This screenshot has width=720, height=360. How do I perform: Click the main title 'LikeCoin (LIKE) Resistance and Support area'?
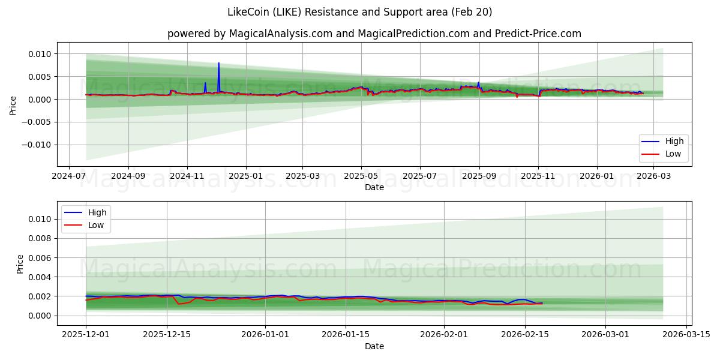tap(360, 12)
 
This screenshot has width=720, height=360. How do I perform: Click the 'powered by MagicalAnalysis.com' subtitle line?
tap(374, 34)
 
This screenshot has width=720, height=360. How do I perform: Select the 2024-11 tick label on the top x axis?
tap(187, 176)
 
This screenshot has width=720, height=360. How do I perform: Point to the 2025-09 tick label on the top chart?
tap(479, 176)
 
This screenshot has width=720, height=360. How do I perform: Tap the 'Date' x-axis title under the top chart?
tap(374, 188)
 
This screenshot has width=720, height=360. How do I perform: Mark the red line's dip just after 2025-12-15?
tap(179, 304)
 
